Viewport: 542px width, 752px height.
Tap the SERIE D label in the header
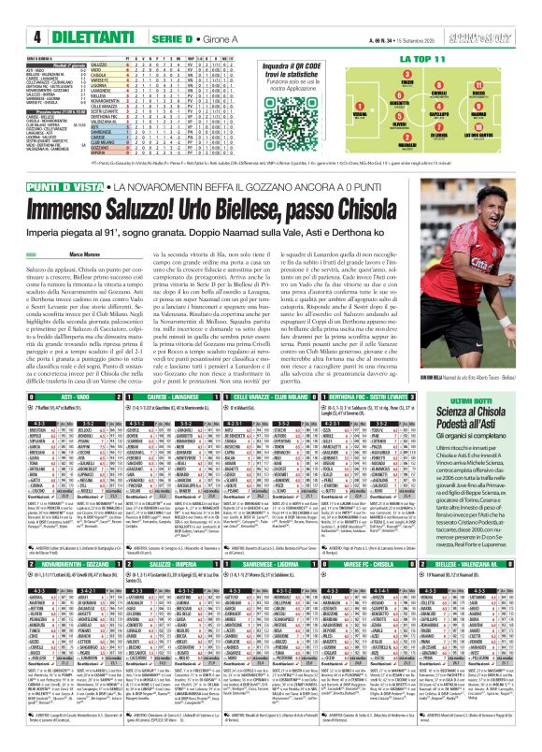156,10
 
